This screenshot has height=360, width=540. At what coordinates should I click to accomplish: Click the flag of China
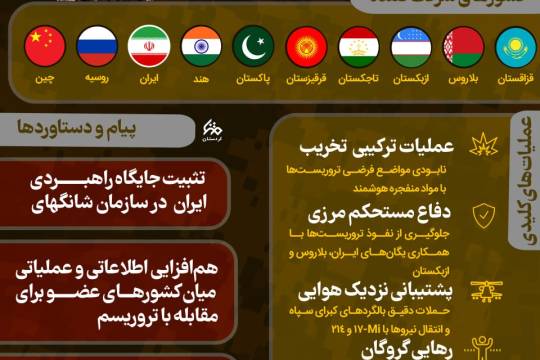tap(45, 46)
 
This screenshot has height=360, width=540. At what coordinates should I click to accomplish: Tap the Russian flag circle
tap(97, 46)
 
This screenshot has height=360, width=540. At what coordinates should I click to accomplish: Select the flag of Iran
tap(150, 46)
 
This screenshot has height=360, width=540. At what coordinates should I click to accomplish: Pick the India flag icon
tap(202, 46)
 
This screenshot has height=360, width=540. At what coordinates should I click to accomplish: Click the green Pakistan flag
tap(254, 46)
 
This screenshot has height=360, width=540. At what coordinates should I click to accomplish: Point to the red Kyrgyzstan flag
tap(306, 46)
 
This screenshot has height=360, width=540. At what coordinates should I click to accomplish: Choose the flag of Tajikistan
tap(358, 46)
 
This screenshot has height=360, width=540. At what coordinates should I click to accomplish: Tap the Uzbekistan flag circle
tap(411, 46)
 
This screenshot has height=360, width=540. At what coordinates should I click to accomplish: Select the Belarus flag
tap(463, 46)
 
